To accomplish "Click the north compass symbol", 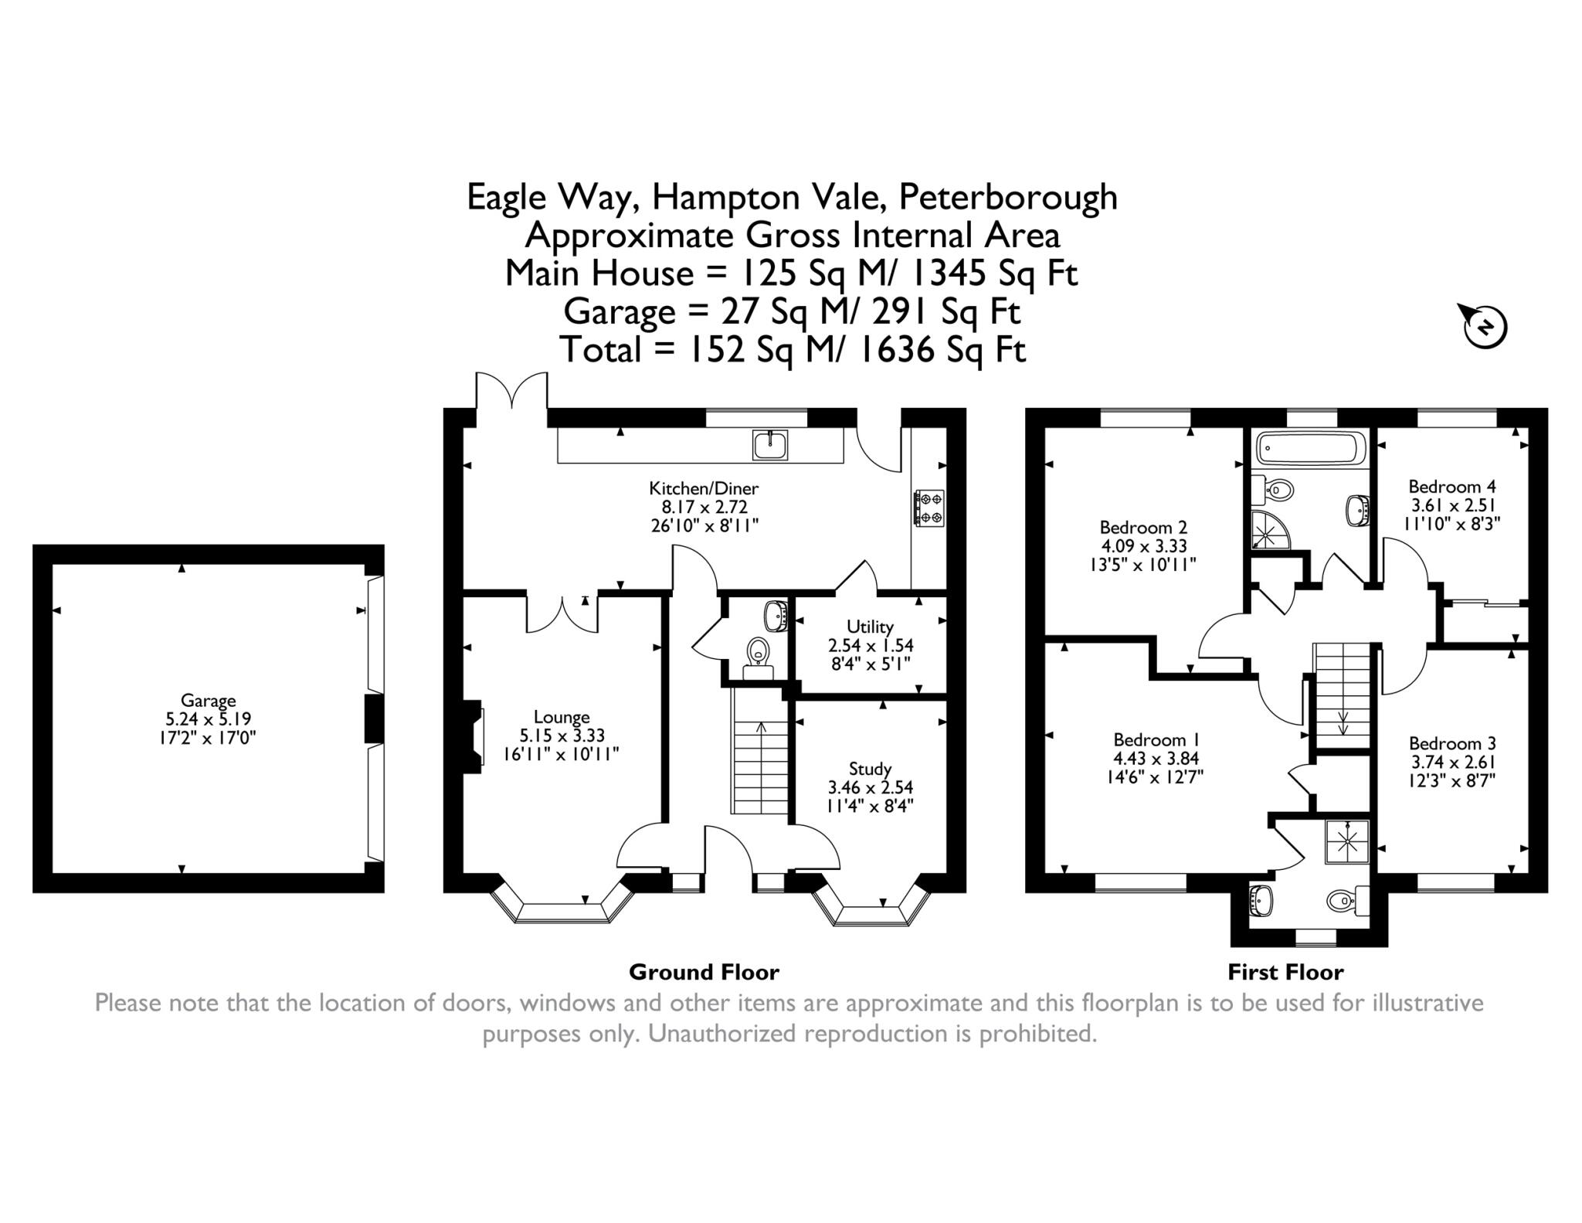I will pyautogui.click(x=1485, y=327).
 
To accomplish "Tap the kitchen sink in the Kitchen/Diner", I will pyautogui.click(x=769, y=445).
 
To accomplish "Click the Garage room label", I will pyautogui.click(x=208, y=701).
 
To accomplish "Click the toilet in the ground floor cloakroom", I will pyautogui.click(x=759, y=653).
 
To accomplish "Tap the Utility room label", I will pyautogui.click(x=870, y=627).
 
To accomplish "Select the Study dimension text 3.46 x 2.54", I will pyautogui.click(x=870, y=787).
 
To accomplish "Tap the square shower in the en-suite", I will pyautogui.click(x=1347, y=841).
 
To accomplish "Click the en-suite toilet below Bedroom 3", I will pyautogui.click(x=1346, y=899).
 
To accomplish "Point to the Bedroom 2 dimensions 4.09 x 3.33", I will pyautogui.click(x=1143, y=545).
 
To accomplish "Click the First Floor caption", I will pyautogui.click(x=1285, y=972).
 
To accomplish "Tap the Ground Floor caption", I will pyautogui.click(x=704, y=972).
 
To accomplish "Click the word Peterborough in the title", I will pyautogui.click(x=1008, y=197).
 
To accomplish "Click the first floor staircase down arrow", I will pyautogui.click(x=1343, y=722).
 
